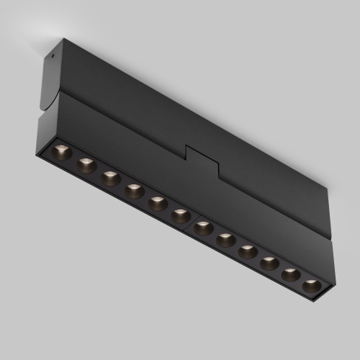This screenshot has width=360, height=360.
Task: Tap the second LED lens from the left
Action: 86,165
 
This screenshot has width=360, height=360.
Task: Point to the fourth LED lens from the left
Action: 134,191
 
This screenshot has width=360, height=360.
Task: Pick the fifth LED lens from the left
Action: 157,203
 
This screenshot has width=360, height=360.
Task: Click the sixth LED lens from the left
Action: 180,215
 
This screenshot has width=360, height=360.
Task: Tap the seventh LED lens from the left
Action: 203,227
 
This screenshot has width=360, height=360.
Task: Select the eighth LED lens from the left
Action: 225,239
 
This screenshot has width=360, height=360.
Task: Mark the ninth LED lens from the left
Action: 247,251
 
